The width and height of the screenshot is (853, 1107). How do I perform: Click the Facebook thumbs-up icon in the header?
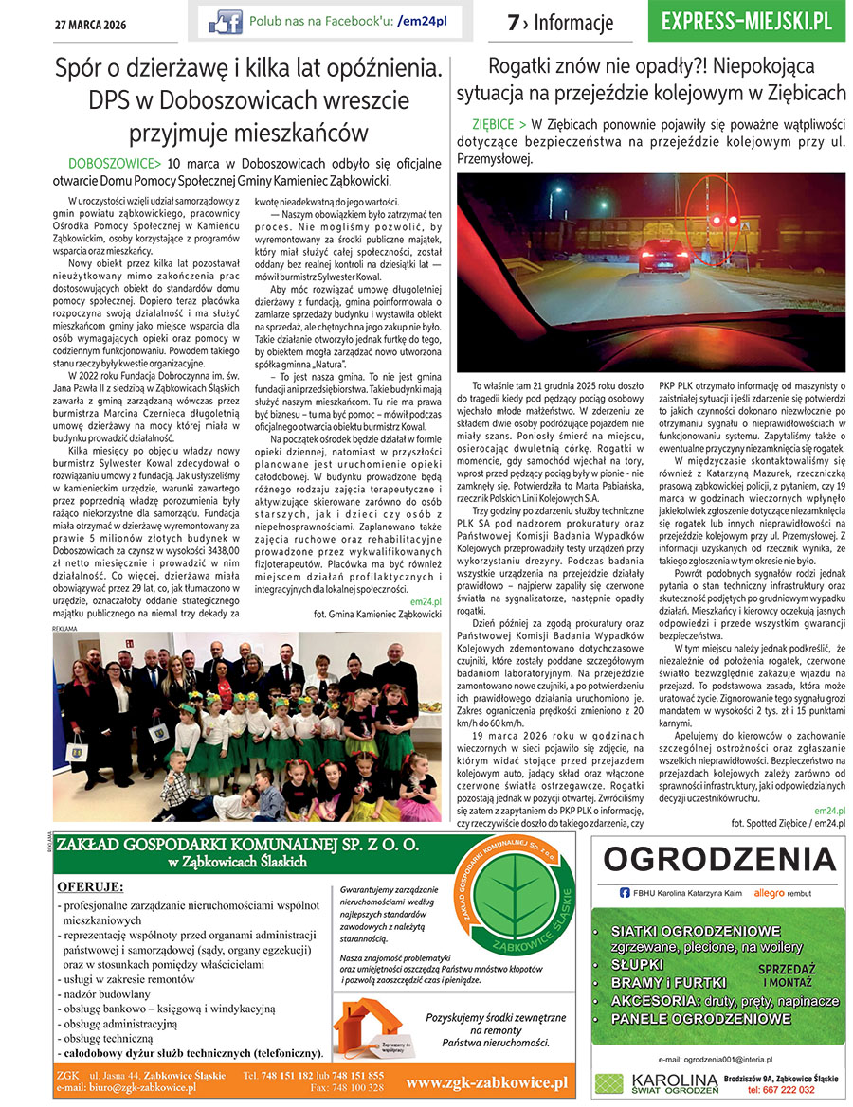click(226, 21)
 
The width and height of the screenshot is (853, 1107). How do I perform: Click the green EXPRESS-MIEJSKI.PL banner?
click(748, 21)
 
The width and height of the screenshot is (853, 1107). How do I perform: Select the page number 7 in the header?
click(513, 23)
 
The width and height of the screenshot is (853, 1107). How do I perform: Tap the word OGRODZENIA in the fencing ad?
click(719, 859)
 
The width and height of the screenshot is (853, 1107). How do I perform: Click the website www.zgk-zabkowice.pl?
click(486, 1081)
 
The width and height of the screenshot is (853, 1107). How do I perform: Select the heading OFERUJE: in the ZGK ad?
click(90, 886)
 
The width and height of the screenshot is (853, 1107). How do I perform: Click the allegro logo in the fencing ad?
click(769, 892)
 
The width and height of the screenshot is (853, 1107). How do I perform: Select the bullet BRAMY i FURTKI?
click(668, 983)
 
